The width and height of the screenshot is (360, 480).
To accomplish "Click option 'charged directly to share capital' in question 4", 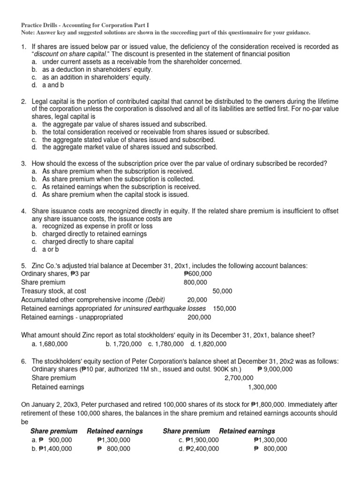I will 88,241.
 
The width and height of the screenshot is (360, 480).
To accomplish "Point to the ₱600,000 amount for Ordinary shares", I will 197,273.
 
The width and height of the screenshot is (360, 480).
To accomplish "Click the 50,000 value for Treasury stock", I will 222,291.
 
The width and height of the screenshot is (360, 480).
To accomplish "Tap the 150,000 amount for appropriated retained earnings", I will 225,308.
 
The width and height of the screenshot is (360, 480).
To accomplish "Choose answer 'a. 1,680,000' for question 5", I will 50,344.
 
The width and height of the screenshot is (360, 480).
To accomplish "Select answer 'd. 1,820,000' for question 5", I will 208,344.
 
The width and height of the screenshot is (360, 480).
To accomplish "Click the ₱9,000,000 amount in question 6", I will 275,369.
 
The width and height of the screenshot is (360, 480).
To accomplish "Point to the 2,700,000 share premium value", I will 240,378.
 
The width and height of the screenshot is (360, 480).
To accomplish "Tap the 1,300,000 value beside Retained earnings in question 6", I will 262,387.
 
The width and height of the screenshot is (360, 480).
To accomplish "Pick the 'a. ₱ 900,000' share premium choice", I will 52,440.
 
